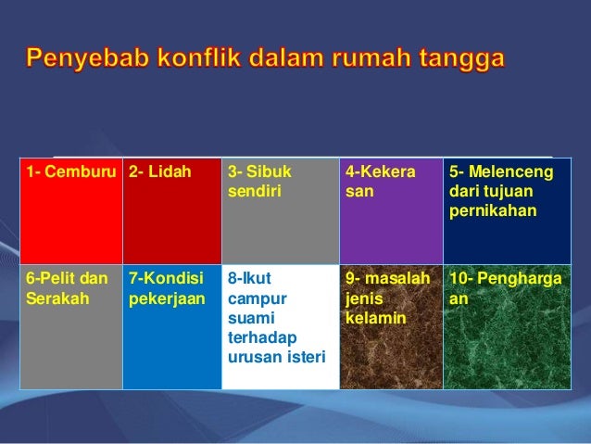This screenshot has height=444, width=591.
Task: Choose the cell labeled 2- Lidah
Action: tap(171, 211)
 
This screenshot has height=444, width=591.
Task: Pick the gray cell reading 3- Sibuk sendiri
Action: tap(280, 211)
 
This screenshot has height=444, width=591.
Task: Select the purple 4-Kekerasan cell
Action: tap(391, 211)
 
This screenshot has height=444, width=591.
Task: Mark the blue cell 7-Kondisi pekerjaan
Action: tap(171, 326)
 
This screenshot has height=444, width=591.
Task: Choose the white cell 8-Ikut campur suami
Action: tap(280, 326)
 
